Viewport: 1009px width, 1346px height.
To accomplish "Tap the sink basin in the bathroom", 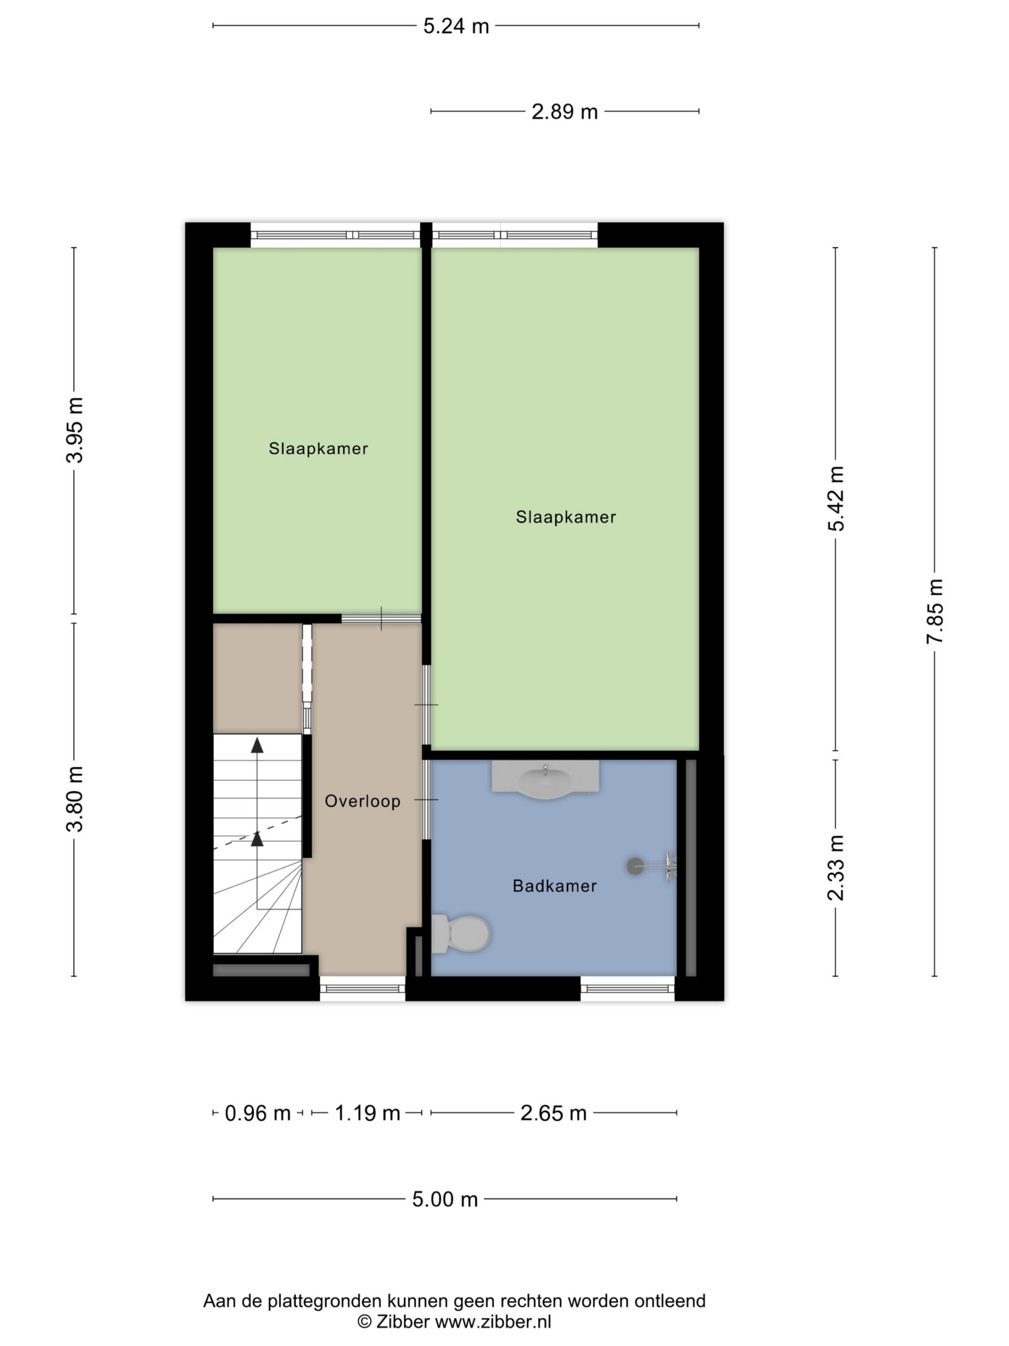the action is [x=545, y=782].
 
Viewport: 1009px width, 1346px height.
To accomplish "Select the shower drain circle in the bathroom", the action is [x=635, y=866].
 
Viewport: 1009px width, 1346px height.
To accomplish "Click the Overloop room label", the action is [x=363, y=801].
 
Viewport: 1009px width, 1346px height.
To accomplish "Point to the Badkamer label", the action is [x=554, y=886].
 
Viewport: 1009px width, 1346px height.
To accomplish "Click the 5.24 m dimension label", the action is [x=456, y=26].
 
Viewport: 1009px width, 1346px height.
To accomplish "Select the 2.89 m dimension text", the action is [x=564, y=112].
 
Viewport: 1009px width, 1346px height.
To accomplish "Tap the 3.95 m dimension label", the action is [x=75, y=430].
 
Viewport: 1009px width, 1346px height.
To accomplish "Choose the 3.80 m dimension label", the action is [x=75, y=799].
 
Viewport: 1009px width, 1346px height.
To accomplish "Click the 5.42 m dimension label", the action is [x=836, y=498].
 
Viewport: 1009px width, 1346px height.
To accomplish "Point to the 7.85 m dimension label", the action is [x=935, y=611].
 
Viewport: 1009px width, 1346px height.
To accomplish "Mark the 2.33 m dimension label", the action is [x=836, y=868].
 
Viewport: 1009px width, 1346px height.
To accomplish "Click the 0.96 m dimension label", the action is [x=258, y=1114].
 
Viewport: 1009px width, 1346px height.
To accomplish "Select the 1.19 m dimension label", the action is [x=367, y=1114].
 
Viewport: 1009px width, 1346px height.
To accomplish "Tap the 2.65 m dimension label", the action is [x=553, y=1114].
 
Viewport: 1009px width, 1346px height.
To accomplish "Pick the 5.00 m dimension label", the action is [x=445, y=1199].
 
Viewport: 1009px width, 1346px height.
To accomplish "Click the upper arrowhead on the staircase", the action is [x=258, y=745].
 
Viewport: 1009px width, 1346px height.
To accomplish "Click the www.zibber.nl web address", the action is [x=493, y=1322].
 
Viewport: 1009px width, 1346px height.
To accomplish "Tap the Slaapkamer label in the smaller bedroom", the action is [x=318, y=449].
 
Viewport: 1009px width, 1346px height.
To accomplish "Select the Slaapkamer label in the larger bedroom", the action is [x=565, y=517].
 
